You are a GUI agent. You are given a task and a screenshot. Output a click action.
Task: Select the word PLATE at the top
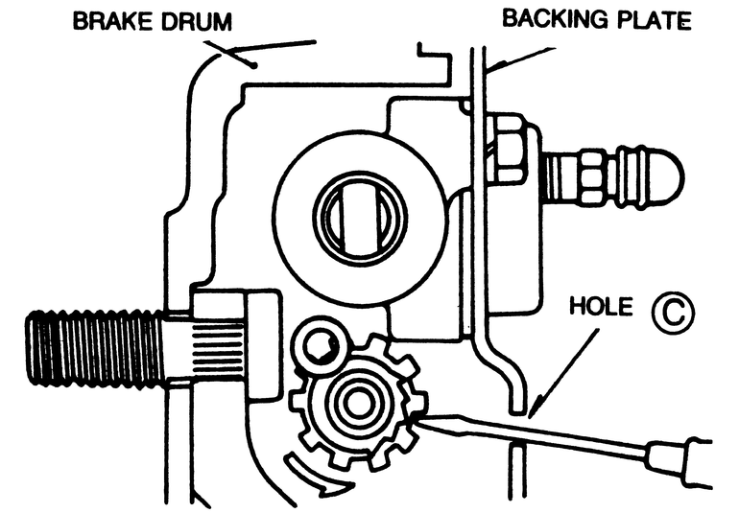pos(650,19)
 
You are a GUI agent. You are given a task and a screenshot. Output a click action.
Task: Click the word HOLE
pos(602,308)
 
